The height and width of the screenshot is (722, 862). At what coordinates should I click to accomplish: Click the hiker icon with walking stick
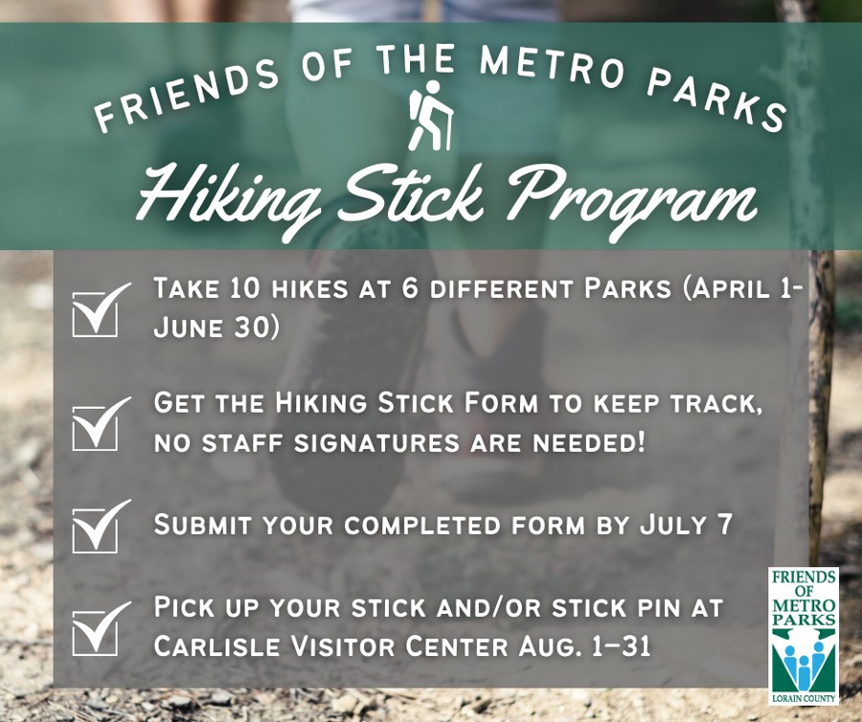(431, 116)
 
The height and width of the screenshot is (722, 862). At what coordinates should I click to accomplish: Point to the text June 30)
(216, 327)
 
